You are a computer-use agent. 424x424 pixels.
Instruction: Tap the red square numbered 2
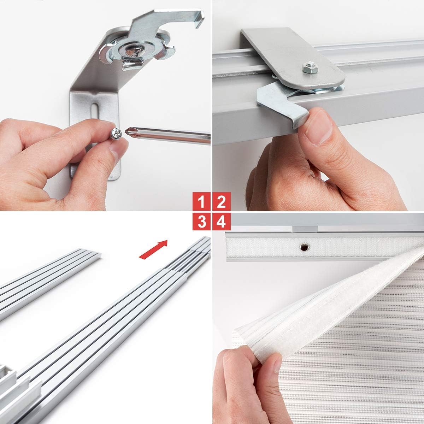point(221,202)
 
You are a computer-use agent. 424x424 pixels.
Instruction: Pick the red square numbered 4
point(221,222)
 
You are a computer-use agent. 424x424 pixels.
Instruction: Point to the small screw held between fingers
point(117,134)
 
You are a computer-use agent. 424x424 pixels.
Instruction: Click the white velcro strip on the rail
point(261,247)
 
